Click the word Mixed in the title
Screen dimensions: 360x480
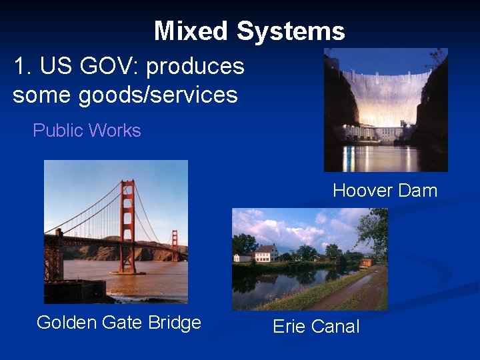tap(191, 31)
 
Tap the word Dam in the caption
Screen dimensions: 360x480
tap(418, 191)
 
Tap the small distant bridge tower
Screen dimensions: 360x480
tap(175, 245)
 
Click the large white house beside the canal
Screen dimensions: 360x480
tap(267, 253)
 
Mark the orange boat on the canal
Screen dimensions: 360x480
tap(366, 262)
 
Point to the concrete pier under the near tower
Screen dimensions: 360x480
tap(128, 271)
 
